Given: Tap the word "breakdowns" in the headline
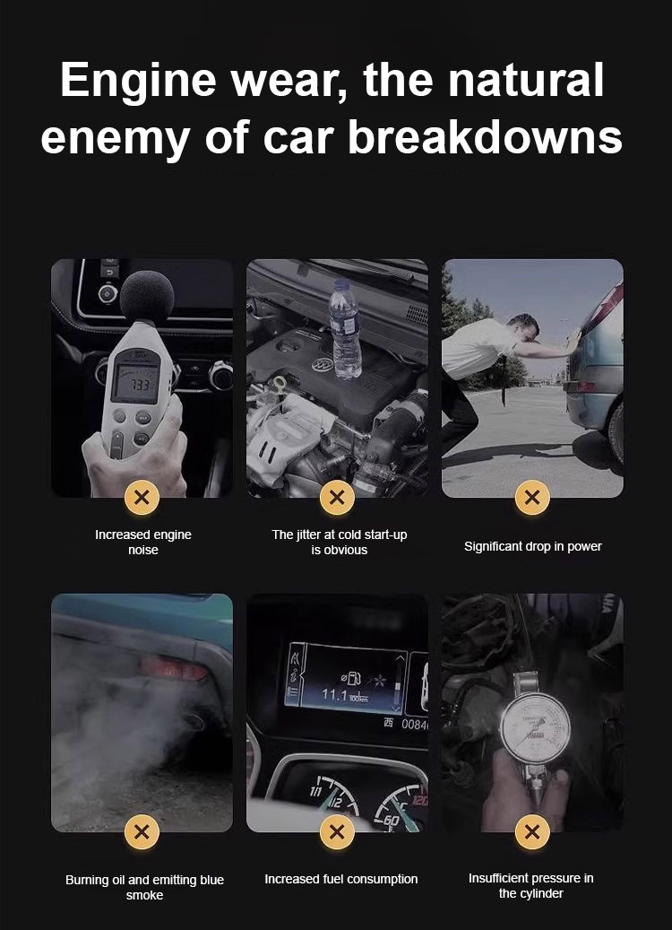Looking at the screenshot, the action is tap(485, 137).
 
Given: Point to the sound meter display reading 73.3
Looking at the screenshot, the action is tap(136, 383).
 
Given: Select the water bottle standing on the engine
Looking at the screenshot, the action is tap(345, 329).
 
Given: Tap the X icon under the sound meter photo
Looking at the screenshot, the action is tap(142, 497).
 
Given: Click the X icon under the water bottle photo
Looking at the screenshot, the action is tap(337, 497).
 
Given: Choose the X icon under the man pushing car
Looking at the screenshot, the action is tap(532, 497).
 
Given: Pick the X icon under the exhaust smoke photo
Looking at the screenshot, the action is tap(142, 831).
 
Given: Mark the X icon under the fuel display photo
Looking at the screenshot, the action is tap(337, 831).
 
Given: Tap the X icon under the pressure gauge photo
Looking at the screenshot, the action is tap(532, 831).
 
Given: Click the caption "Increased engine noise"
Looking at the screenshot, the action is tap(143, 542).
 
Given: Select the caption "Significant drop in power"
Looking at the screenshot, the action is tap(533, 547).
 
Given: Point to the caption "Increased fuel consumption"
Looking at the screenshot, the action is tap(341, 879).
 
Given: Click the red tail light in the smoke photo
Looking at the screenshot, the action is tap(175, 669).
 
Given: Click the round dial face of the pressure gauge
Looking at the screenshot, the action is tap(535, 727).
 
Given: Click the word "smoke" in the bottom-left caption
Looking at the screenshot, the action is tap(144, 895).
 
